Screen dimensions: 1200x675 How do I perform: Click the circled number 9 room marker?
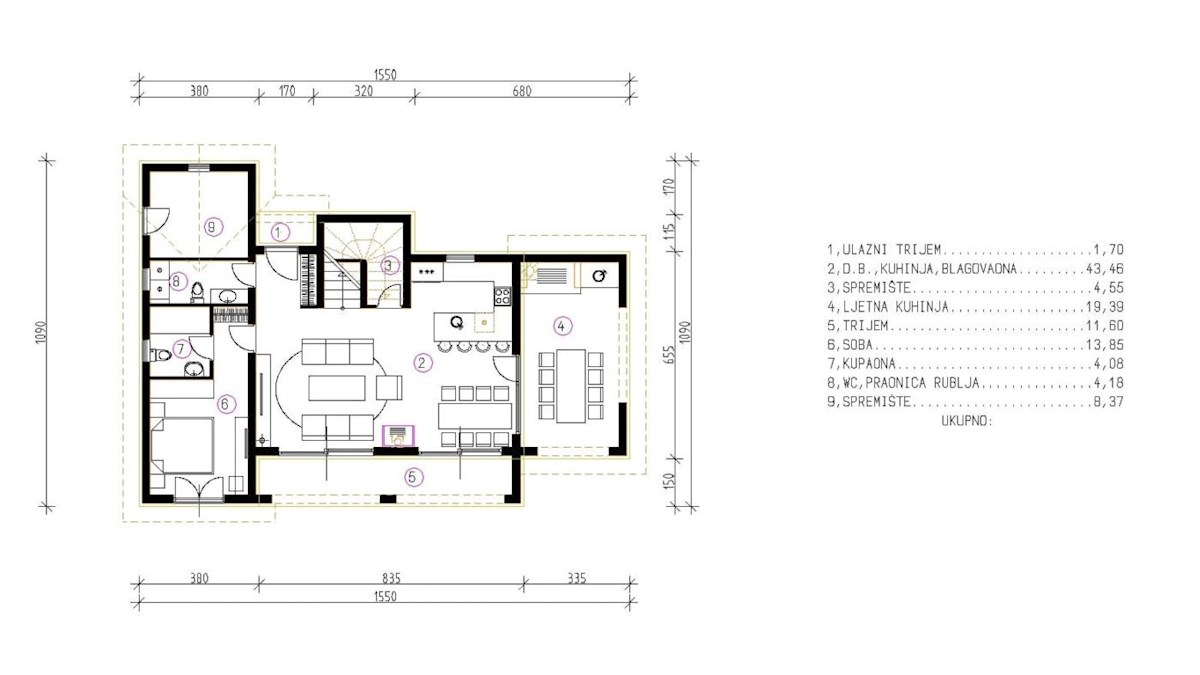tap(213, 227)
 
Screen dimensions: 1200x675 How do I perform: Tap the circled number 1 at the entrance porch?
tap(280, 232)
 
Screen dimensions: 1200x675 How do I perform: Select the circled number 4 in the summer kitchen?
tap(562, 326)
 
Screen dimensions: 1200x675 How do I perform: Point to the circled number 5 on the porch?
tap(412, 477)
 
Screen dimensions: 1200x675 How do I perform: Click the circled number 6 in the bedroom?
tap(226, 403)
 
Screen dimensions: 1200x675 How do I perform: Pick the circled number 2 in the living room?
tap(423, 363)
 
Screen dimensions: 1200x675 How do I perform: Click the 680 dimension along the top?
tap(522, 91)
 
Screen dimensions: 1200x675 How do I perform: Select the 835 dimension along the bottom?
tap(392, 578)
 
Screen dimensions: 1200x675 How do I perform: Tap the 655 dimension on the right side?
tap(669, 354)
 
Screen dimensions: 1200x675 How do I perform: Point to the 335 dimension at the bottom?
tap(577, 578)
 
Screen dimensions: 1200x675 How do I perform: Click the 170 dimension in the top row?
tap(287, 91)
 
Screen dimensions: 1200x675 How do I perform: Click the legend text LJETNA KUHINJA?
tap(895, 306)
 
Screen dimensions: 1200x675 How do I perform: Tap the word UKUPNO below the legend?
tap(967, 421)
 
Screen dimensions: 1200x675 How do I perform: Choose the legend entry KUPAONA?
tap(869, 364)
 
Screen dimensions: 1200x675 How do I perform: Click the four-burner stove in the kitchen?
tap(502, 296)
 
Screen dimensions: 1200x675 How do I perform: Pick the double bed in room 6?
tap(183, 446)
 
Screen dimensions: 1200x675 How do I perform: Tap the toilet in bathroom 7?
tap(160, 355)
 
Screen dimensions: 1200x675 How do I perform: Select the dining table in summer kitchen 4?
tap(571, 386)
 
